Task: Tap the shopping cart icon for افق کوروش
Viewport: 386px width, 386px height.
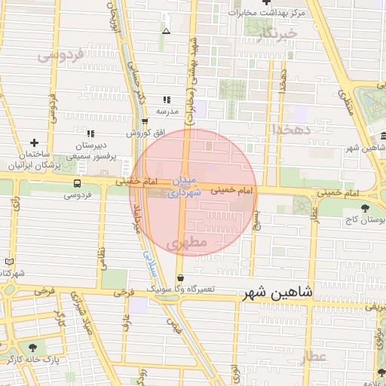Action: pos(145,121)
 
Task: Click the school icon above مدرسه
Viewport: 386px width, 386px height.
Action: pos(167,100)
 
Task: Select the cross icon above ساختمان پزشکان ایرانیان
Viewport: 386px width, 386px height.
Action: pos(33,142)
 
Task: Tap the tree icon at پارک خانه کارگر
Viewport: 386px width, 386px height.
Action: pos(32,348)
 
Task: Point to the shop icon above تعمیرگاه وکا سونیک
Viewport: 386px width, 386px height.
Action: pos(179,277)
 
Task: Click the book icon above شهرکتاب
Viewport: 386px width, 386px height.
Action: pos(9,262)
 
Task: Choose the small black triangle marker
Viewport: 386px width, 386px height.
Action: pos(166,31)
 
